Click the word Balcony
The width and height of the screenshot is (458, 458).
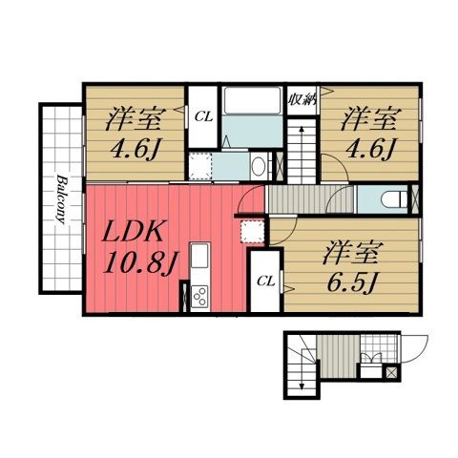point(60,198)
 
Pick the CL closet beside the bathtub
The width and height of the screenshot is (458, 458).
point(202,116)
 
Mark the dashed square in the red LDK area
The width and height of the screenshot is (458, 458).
point(251,231)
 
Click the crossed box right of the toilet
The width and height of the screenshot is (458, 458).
point(414,198)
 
